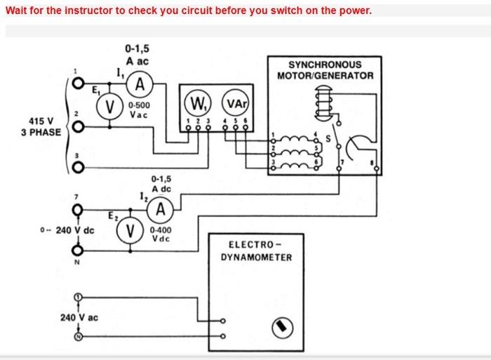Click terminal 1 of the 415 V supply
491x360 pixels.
78,84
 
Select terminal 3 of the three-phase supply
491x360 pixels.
78,167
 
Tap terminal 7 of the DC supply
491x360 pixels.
78,210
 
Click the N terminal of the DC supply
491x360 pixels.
78,251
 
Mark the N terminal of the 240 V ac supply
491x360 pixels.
78,337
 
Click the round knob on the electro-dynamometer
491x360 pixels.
283,328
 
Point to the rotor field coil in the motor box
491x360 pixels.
323,104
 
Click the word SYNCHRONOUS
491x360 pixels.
325,65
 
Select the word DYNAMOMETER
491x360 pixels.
256,258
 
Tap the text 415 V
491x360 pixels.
41,121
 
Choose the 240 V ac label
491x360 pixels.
79,318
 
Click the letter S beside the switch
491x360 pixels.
328,138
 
